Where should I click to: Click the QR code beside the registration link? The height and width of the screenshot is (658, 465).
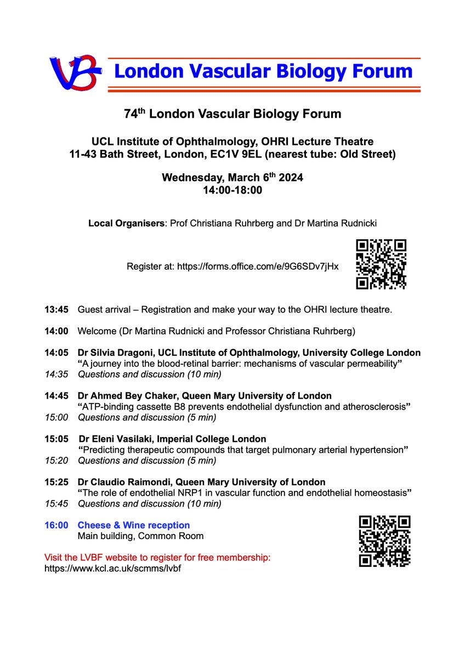pyautogui.click(x=381, y=264)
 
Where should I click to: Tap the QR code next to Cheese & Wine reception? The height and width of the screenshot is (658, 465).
pyautogui.click(x=384, y=541)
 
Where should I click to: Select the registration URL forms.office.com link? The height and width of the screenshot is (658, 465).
pyautogui.click(x=257, y=267)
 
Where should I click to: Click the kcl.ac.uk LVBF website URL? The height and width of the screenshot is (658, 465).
pyautogui.click(x=113, y=568)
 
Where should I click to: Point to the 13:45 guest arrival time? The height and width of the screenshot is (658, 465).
pyautogui.click(x=56, y=310)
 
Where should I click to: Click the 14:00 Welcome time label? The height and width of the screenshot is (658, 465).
pyautogui.click(x=56, y=331)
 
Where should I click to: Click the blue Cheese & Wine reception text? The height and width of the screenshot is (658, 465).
pyautogui.click(x=134, y=525)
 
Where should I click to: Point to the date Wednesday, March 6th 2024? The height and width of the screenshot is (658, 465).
pyautogui.click(x=232, y=178)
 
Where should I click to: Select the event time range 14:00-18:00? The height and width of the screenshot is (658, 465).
pyautogui.click(x=232, y=190)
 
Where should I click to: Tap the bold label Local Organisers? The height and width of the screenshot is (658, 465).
pyautogui.click(x=127, y=224)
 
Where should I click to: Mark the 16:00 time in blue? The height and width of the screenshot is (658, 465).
pyautogui.click(x=56, y=525)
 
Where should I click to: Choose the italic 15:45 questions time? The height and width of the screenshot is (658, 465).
pyautogui.click(x=56, y=503)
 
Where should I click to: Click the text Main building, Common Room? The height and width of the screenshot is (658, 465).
pyautogui.click(x=140, y=536)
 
